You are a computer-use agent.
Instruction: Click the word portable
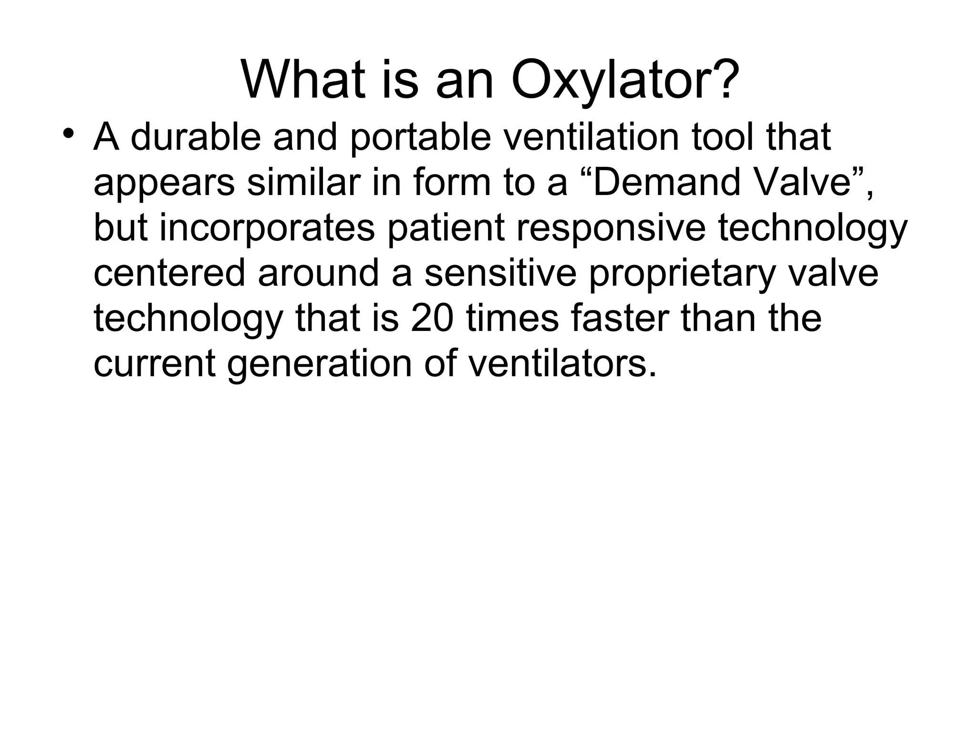[x=420, y=138]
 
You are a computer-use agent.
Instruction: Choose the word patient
[x=446, y=229]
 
